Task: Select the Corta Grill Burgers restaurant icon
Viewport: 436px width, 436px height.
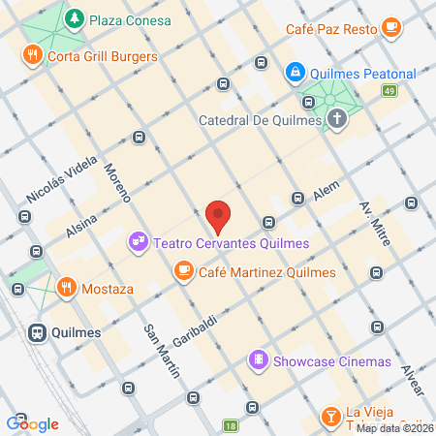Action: pos(33,56)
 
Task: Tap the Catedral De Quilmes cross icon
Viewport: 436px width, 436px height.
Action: pos(336,121)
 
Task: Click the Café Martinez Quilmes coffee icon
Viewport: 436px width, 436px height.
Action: pos(182,272)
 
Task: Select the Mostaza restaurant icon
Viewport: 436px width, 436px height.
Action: pos(66,288)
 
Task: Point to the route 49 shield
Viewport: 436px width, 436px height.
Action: pos(389,91)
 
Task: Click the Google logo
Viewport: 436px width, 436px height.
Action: pos(33,423)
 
